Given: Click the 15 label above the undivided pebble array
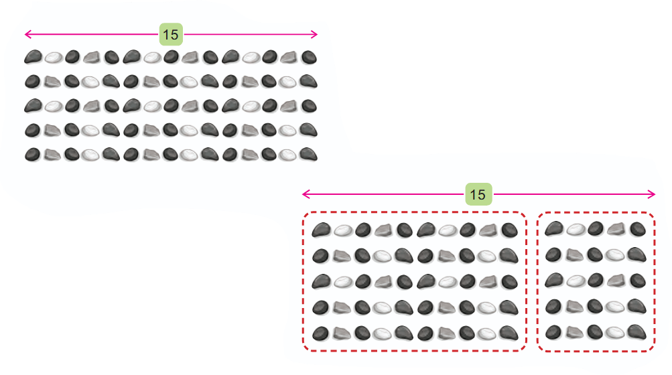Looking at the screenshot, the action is pos(171,34).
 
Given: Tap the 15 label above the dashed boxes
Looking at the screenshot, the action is pos(478,194).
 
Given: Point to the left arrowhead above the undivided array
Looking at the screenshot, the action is pos(28,34).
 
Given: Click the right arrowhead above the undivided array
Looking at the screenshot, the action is pos(314,34).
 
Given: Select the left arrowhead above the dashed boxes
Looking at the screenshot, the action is pos(306,194).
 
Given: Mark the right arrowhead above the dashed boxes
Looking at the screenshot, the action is pos(651,194).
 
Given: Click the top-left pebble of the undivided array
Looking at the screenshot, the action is pos(33,56).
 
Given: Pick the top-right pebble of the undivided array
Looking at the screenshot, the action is pos(309,57).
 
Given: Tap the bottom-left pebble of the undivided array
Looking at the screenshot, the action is pos(33,154).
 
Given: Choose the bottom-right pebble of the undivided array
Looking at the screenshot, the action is pos(309,154).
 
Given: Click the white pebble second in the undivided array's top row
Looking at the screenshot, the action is pos(54,58).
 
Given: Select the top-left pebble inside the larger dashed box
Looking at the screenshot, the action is pos(322,230).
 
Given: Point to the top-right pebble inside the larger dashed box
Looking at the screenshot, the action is pos(510,230).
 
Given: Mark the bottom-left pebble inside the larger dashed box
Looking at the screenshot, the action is pos(320,333).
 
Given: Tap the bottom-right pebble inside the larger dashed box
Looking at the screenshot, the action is pos(509,333).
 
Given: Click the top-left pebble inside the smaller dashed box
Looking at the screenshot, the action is pos(554,228).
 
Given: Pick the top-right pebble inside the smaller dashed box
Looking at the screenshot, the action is pos(638,229).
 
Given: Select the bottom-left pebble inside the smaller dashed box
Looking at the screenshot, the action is pos(553,331).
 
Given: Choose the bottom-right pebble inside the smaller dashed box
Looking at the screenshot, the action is pos(637,331).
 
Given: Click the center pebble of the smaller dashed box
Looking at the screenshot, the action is pos(595,281).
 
